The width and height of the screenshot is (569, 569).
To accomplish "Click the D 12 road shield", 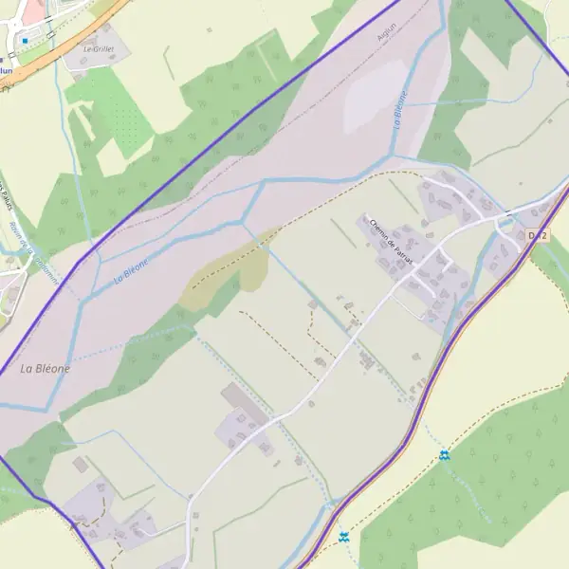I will click(538, 235).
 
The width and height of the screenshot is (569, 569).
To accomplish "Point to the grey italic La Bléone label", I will click(45, 369).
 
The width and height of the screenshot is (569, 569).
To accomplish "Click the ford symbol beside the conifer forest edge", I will click(444, 456).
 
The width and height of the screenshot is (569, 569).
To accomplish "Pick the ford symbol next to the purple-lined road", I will click(343, 538).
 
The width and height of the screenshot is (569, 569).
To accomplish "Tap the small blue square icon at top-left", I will click(25, 41).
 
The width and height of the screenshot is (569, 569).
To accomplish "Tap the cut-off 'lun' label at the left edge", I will click(7, 69).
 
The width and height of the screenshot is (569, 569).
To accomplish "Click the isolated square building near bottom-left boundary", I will click(79, 466).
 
